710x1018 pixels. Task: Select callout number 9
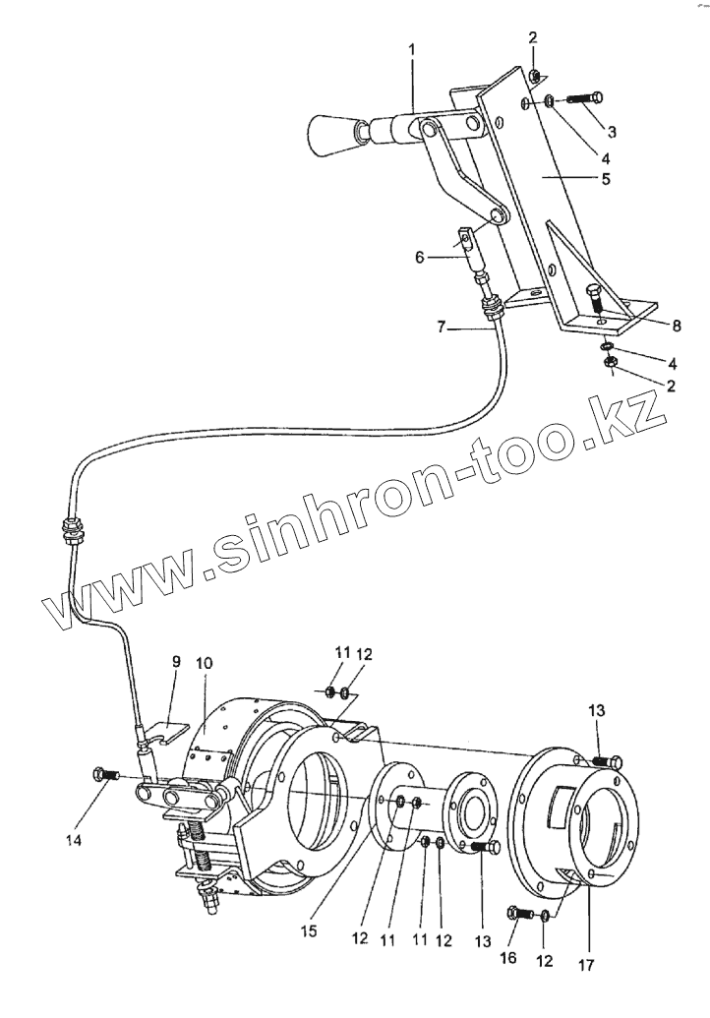pyautogui.click(x=176, y=662)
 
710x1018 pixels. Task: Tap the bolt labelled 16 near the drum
pyautogui.click(x=516, y=913)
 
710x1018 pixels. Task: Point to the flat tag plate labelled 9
pyautogui.click(x=174, y=732)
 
